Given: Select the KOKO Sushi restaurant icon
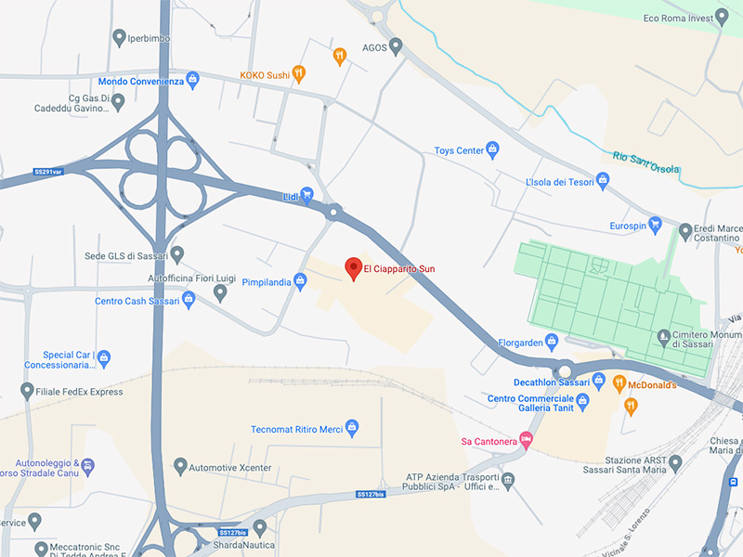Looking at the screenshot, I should (298, 72).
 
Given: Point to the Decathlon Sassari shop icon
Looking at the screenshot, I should (599, 382).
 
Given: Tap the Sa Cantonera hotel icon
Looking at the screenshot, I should (527, 439).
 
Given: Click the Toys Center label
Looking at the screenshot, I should (460, 150).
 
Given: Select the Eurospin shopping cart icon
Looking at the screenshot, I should (655, 225).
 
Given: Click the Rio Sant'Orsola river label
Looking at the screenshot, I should (646, 169).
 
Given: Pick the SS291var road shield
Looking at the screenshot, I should (47, 172).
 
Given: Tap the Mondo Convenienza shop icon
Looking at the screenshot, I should (193, 80).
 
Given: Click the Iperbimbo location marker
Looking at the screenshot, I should (119, 38).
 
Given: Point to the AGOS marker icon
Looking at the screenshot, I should (396, 45).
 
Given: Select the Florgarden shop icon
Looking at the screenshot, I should (552, 341).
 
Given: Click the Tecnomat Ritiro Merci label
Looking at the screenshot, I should (296, 429).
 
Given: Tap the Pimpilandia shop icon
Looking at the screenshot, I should (300, 282).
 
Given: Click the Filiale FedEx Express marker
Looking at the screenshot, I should (27, 391).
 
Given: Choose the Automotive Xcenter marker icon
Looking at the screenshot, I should (180, 465).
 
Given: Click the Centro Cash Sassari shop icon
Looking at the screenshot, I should (189, 301).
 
